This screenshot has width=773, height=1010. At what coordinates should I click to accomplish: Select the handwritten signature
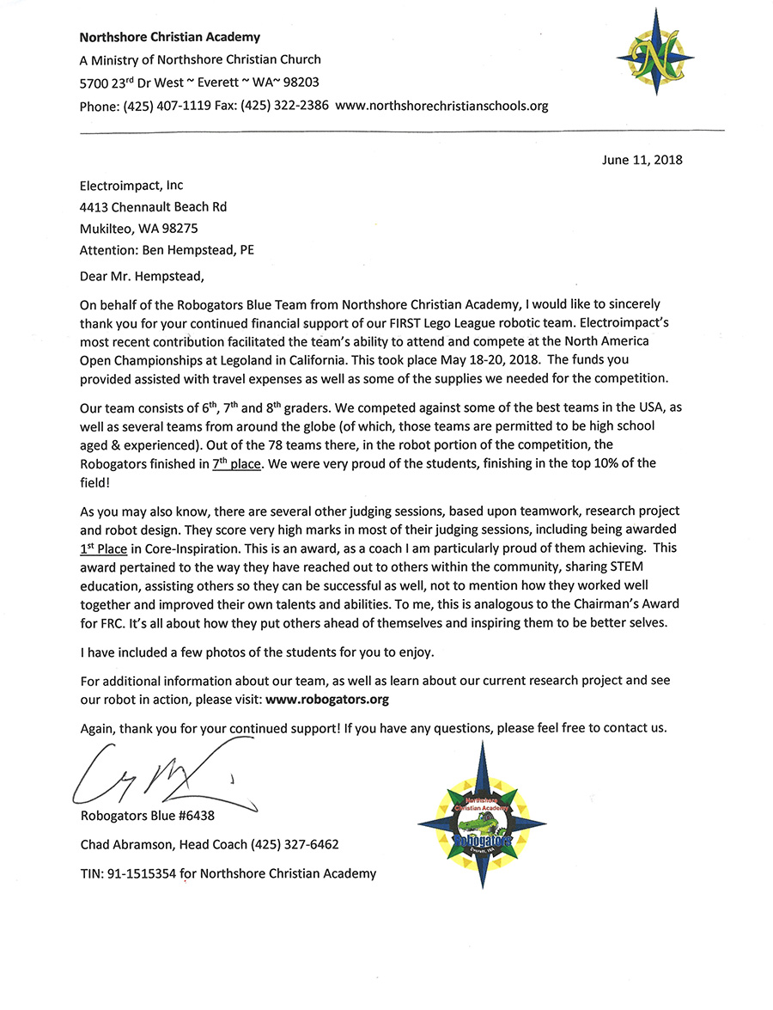tap(155, 773)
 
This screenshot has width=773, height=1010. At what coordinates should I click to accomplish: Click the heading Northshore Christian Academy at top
tap(169, 37)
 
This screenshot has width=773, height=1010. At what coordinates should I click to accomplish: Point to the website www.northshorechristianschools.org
tap(441, 106)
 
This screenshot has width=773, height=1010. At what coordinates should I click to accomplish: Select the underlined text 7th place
tap(237, 463)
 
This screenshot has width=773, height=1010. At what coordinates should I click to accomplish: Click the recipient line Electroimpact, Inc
tap(131, 185)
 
